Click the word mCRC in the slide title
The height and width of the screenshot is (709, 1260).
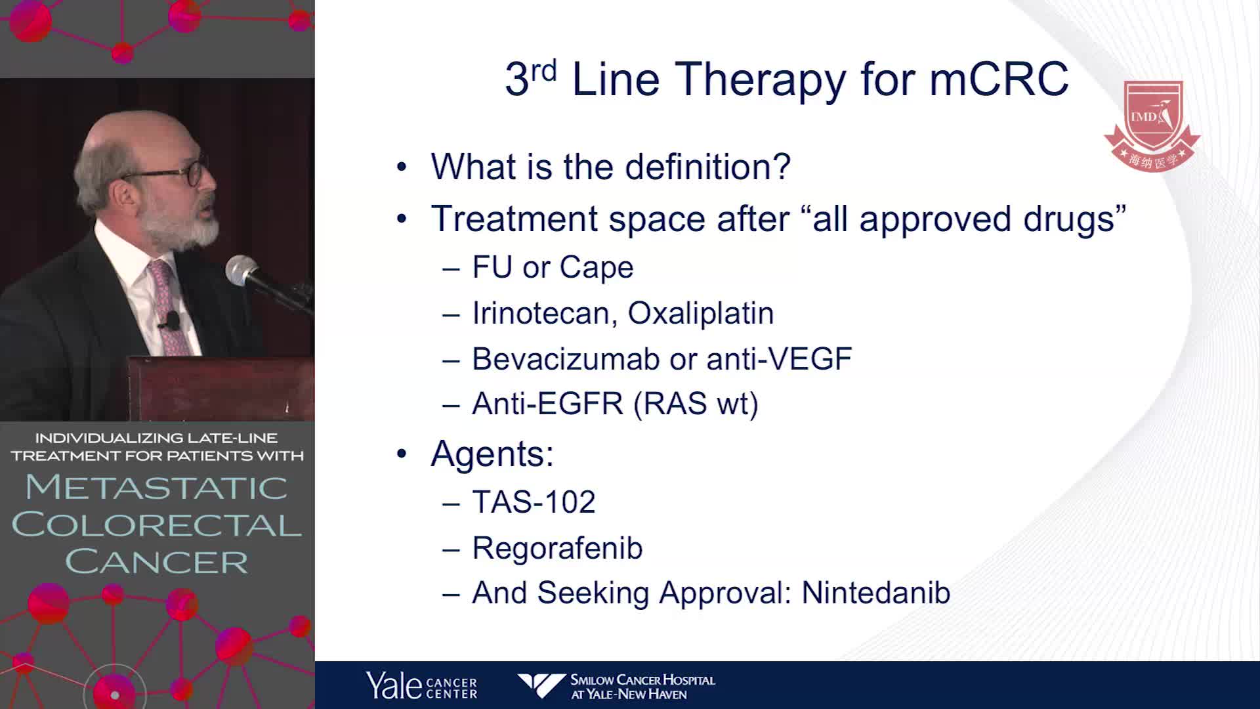[999, 79]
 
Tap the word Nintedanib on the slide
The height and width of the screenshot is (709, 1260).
[876, 593]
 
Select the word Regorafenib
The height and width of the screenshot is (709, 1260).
[557, 548]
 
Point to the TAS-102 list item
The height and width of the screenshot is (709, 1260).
[534, 502]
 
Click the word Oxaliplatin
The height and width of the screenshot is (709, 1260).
[701, 313]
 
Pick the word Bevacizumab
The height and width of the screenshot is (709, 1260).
[566, 359]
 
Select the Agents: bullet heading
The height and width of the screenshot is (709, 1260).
[492, 454]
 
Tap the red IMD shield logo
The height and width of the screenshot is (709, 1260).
[1152, 125]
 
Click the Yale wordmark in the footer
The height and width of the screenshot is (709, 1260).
[394, 685]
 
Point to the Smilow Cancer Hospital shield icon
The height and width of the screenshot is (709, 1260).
[541, 685]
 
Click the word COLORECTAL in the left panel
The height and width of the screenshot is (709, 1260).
[157, 525]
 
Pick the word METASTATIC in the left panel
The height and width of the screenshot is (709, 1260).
[157, 487]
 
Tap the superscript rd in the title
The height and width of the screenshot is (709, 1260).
[543, 70]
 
